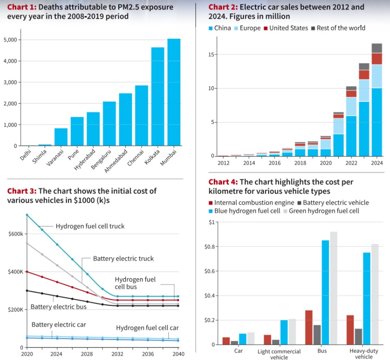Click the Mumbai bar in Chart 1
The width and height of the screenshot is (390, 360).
pyautogui.click(x=174, y=92)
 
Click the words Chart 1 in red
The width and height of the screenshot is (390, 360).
pyautogui.click(x=21, y=7)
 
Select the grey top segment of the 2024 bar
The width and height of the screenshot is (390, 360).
pyautogui.click(x=377, y=48)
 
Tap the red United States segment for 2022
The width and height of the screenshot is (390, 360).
pyautogui.click(x=351, y=94)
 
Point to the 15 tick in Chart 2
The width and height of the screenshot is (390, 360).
pyautogui.click(x=212, y=55)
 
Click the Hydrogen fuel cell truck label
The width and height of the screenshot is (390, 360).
pyautogui.click(x=90, y=227)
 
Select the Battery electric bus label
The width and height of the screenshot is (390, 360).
pyautogui.click(x=58, y=307)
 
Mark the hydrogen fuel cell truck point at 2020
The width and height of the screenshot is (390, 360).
pyautogui.click(x=27, y=215)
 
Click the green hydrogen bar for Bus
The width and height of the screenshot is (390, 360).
pyautogui.click(x=333, y=288)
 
